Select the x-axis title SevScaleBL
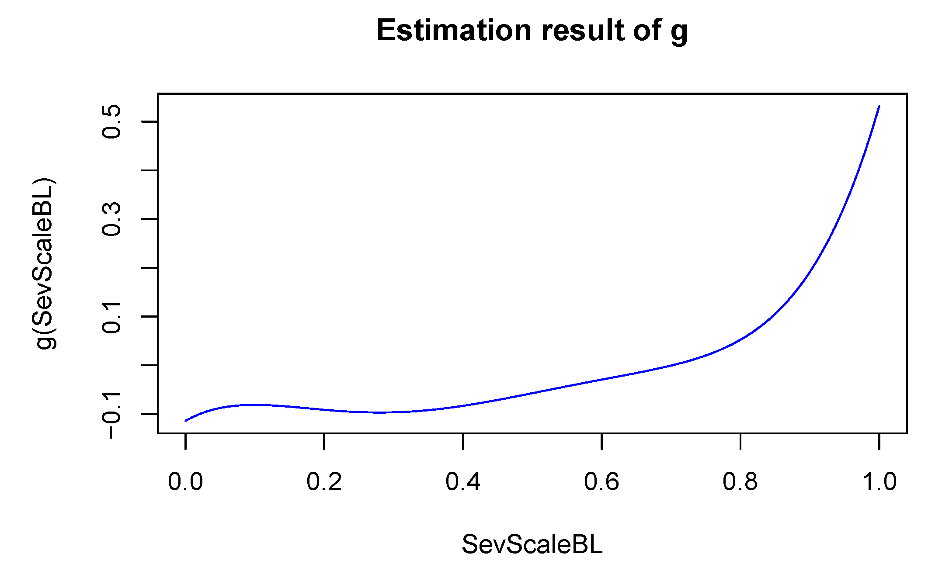click(x=532, y=544)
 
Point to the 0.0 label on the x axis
click(x=185, y=482)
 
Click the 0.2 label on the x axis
click(x=324, y=482)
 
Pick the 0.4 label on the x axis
click(x=463, y=482)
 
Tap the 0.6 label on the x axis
click(x=601, y=482)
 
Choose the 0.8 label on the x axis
click(x=740, y=482)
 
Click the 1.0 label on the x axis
click(x=879, y=482)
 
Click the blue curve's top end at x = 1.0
click(x=879, y=107)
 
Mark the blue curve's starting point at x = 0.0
click(x=186, y=421)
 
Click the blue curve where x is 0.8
click(x=740, y=339)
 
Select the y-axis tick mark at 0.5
click(x=149, y=121)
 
